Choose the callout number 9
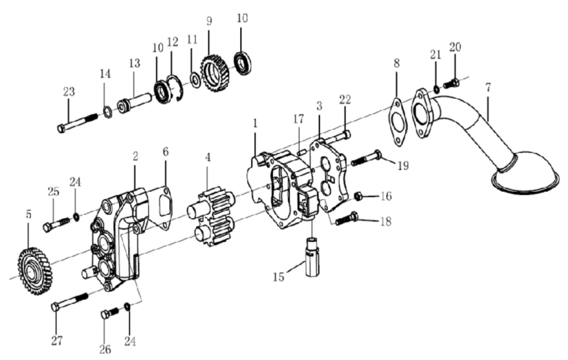209,21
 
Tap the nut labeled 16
358,196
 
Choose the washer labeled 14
107,113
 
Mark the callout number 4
207,157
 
